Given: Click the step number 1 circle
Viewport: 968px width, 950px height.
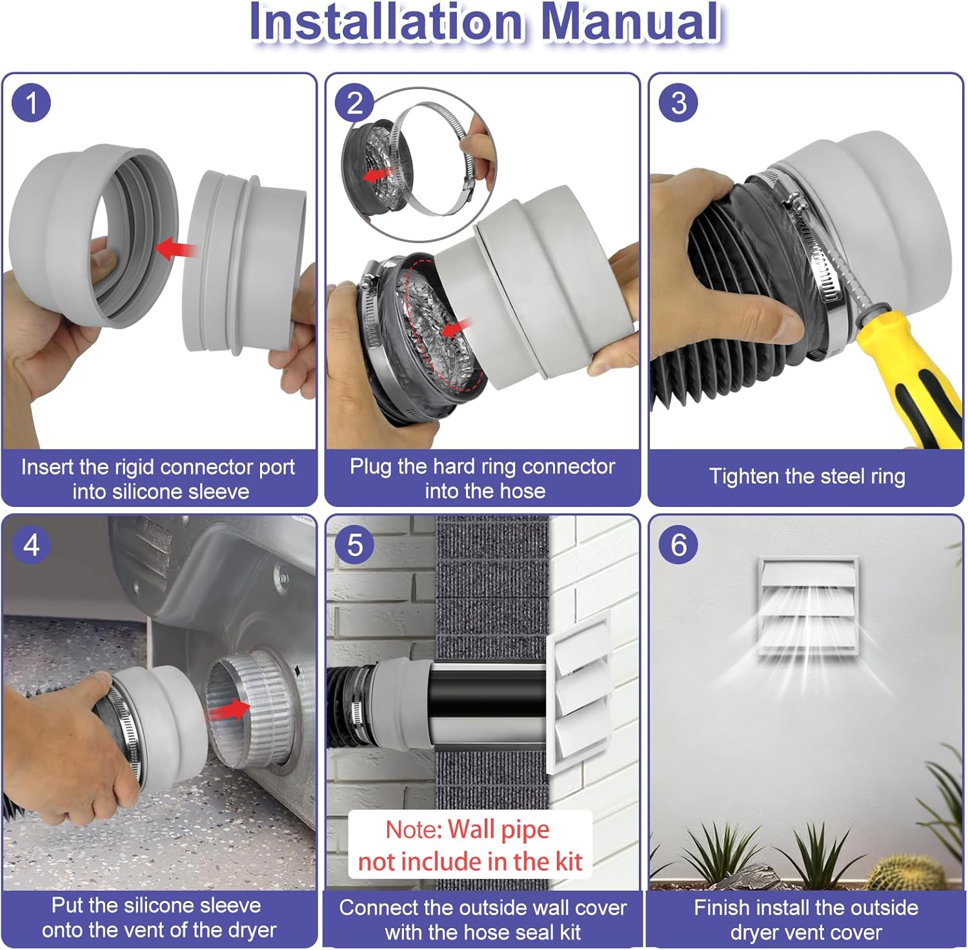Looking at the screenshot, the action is click(x=31, y=103).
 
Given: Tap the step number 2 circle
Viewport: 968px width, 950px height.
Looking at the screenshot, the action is click(x=355, y=103).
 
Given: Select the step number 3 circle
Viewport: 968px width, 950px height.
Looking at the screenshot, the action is click(x=678, y=103).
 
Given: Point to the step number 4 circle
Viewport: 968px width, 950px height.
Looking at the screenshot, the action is click(x=31, y=545).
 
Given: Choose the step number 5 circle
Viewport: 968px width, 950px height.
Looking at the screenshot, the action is click(x=355, y=545).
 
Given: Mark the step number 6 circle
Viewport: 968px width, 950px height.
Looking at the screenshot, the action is click(x=678, y=545).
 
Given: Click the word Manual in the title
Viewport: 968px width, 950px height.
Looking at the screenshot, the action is click(x=630, y=22).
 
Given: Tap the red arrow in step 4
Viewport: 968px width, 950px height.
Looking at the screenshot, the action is click(x=230, y=710).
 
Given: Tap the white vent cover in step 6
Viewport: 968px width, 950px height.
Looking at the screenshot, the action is click(x=808, y=607).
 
